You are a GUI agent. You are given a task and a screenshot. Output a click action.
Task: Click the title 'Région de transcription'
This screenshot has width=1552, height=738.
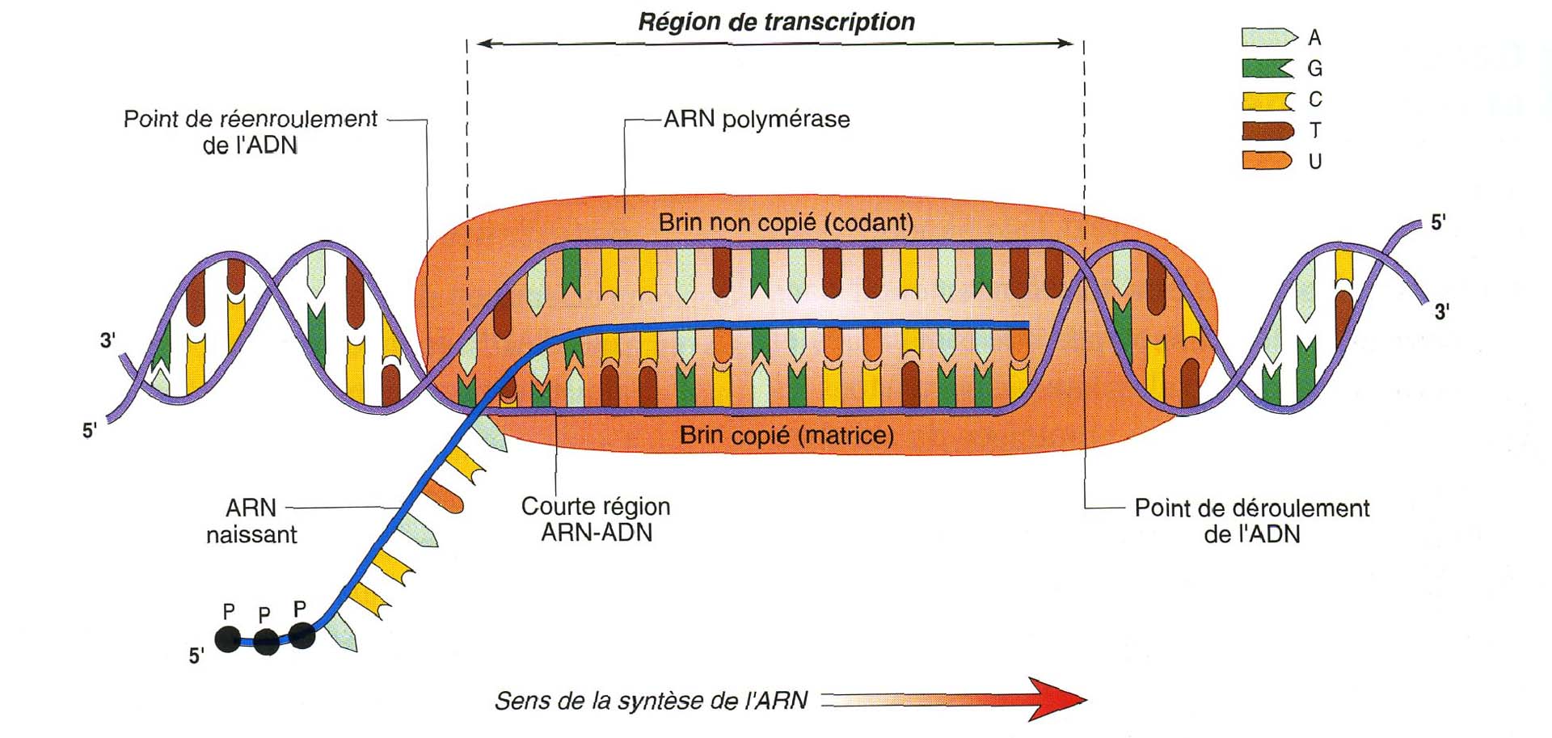[x=776, y=22]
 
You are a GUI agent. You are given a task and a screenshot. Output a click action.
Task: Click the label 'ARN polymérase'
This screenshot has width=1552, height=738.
[x=757, y=120]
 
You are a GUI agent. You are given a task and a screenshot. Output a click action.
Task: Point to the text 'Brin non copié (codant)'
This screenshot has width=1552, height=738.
[x=786, y=222]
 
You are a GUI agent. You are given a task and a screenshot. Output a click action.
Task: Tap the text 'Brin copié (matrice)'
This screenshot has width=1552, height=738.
[x=787, y=436]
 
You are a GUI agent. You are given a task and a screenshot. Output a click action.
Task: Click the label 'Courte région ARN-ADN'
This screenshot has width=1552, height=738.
[x=596, y=519]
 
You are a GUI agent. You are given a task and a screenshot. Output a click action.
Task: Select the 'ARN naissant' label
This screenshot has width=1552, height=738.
[x=251, y=521]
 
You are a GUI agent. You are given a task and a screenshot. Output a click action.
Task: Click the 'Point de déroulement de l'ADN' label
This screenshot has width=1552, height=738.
[x=1251, y=521]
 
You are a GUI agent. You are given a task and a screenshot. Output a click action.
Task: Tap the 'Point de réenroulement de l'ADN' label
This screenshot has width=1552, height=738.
[x=250, y=132]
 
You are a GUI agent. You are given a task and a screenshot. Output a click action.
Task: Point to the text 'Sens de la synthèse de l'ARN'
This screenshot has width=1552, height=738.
[x=651, y=700]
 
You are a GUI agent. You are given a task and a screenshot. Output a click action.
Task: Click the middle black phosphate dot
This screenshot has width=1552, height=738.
[x=266, y=642]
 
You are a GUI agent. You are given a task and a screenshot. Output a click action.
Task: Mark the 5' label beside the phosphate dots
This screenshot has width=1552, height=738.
[x=196, y=656]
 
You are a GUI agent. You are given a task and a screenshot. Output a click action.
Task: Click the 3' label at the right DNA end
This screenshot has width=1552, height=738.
[x=1441, y=311]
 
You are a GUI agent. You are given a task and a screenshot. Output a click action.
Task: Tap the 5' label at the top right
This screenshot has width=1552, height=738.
[x=1438, y=223]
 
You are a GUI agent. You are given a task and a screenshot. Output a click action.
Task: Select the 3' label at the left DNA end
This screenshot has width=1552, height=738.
[x=108, y=340]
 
